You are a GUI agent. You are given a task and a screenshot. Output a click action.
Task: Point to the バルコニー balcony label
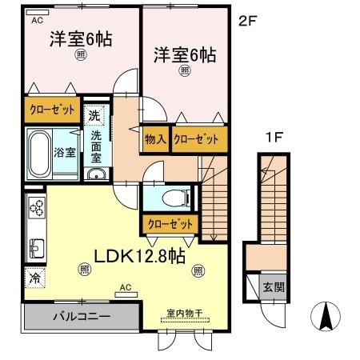click(x=82, y=316)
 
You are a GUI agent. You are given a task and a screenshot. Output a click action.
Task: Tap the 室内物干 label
click(x=182, y=313)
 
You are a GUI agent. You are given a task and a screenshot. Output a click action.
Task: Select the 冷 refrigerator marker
click(x=35, y=279)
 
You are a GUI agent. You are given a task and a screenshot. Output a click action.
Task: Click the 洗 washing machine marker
click(x=94, y=114)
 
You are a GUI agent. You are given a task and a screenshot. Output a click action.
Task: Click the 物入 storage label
click(x=155, y=139)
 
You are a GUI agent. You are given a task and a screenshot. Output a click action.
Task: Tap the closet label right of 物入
click(x=196, y=139)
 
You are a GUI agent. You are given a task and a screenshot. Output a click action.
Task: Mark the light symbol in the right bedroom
click(x=185, y=70)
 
